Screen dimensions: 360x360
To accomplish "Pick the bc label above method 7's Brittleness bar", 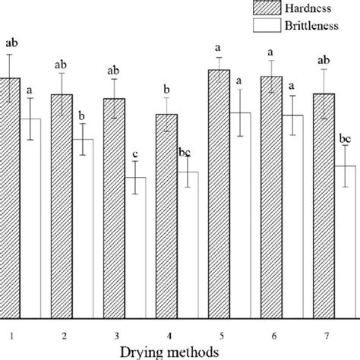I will pos(345,139).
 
